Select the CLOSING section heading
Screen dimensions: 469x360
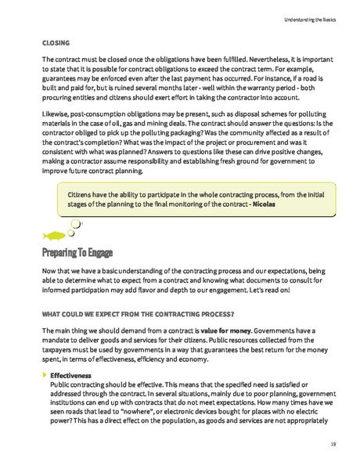56,43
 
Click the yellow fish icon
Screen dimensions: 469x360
52,233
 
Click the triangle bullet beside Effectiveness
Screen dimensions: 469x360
44,376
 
